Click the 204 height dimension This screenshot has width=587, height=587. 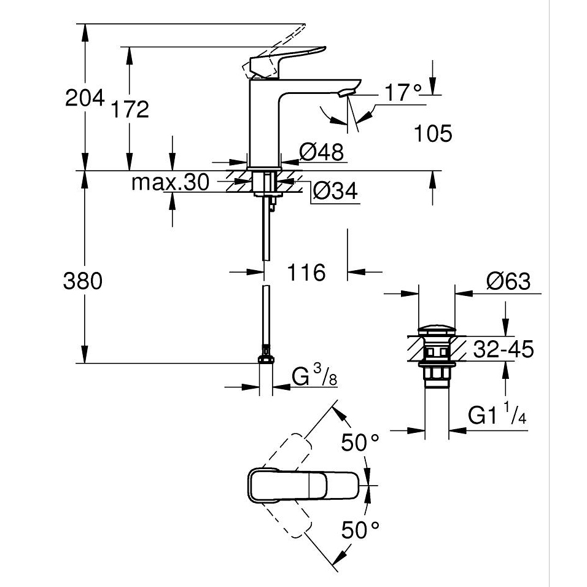pyautogui.click(x=84, y=98)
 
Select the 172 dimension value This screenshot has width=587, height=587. pyautogui.click(x=130, y=109)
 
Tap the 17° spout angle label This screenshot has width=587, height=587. pyautogui.click(x=403, y=93)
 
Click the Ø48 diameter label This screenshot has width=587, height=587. pyautogui.click(x=321, y=152)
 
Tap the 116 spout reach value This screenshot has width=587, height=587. pyautogui.click(x=306, y=271)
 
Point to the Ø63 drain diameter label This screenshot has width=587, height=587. pyautogui.click(x=508, y=281)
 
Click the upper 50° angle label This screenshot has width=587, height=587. pyautogui.click(x=360, y=442)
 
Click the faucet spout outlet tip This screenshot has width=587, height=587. pyautogui.click(x=346, y=93)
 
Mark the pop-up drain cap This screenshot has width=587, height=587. pyautogui.click(x=437, y=332)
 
